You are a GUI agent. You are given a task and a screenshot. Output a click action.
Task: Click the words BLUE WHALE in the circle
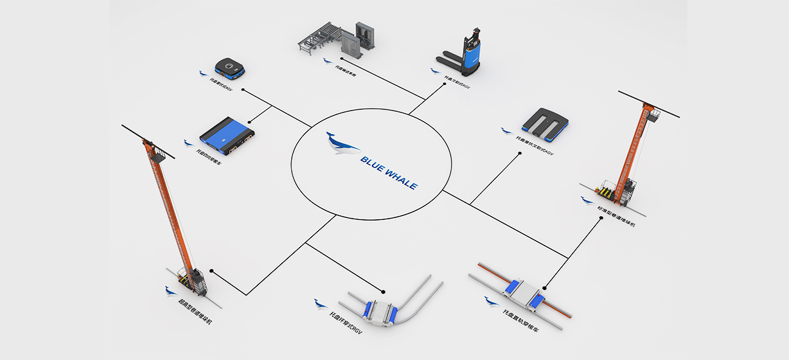(x=388, y=171)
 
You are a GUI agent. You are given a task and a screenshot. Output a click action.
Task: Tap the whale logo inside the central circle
(x=342, y=143)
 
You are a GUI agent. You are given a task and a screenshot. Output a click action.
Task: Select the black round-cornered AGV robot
(x=230, y=66)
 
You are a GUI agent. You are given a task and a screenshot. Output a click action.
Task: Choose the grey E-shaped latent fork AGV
(x=545, y=122)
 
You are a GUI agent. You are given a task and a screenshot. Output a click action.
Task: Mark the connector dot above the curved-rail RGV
(x=384, y=291)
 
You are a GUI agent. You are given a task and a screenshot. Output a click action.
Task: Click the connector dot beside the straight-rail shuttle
(x=545, y=287)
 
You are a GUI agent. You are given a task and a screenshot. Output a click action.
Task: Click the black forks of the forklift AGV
(x=449, y=62)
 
